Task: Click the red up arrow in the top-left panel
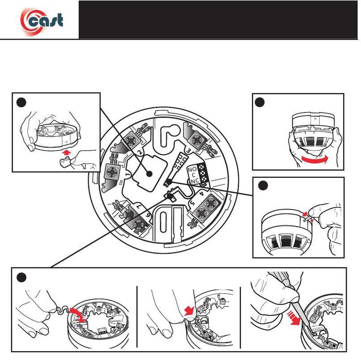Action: coord(67,153)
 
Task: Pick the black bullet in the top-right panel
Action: coord(260,102)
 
